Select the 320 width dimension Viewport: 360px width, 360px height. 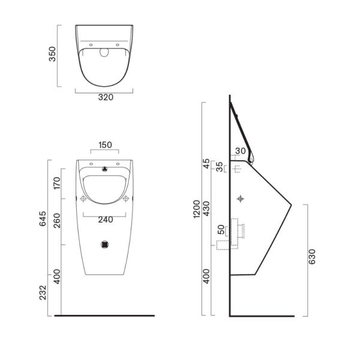pyautogui.click(x=105, y=97)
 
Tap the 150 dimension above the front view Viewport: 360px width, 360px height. pyautogui.click(x=105, y=145)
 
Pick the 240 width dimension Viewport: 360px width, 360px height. pyautogui.click(x=105, y=220)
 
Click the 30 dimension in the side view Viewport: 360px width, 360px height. pyautogui.click(x=241, y=151)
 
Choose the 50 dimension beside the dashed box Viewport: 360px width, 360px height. pyautogui.click(x=221, y=229)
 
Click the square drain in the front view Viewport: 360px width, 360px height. pyautogui.click(x=105, y=244)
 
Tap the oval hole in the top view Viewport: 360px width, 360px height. pyautogui.click(x=105, y=52)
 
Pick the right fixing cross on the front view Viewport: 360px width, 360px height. pyautogui.click(x=127, y=199)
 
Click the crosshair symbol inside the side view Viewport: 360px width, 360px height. pyautogui.click(x=241, y=199)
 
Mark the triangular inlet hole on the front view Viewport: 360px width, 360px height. pyautogui.click(x=105, y=169)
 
